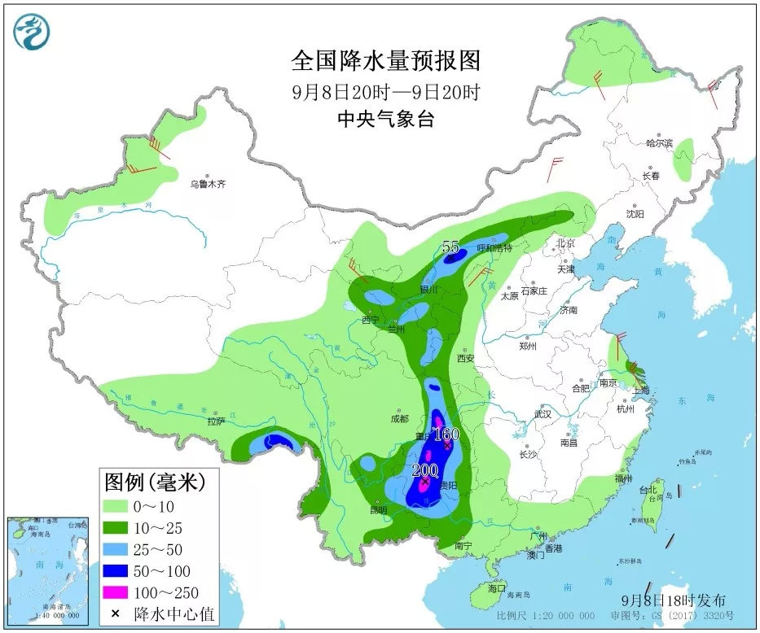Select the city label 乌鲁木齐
pyautogui.click(x=208, y=185)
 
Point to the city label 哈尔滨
pyautogui.click(x=660, y=143)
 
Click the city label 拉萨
pyautogui.click(x=215, y=421)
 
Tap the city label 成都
pyautogui.click(x=399, y=419)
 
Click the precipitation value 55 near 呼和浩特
pyautogui.click(x=451, y=247)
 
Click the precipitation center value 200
pyautogui.click(x=425, y=469)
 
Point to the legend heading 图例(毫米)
pyautogui.click(x=155, y=482)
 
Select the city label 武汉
pyautogui.click(x=542, y=415)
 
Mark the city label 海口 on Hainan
pyautogui.click(x=497, y=587)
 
